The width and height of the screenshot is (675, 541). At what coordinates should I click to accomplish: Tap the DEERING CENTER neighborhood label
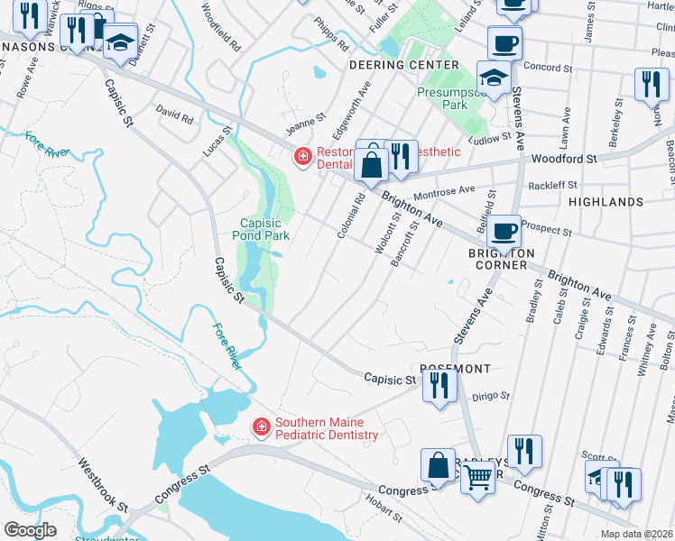pos(403,66)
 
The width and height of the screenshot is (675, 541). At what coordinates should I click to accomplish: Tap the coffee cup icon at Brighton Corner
pos(504,230)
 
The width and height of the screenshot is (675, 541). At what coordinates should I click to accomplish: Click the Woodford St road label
pos(565,159)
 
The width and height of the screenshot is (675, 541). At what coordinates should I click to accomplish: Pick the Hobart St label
pos(384,509)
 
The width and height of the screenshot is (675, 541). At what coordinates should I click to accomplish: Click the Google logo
pos(30,529)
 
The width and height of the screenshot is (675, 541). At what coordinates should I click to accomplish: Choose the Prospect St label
pos(548,228)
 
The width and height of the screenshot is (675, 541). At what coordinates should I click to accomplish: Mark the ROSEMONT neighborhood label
pos(455,369)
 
